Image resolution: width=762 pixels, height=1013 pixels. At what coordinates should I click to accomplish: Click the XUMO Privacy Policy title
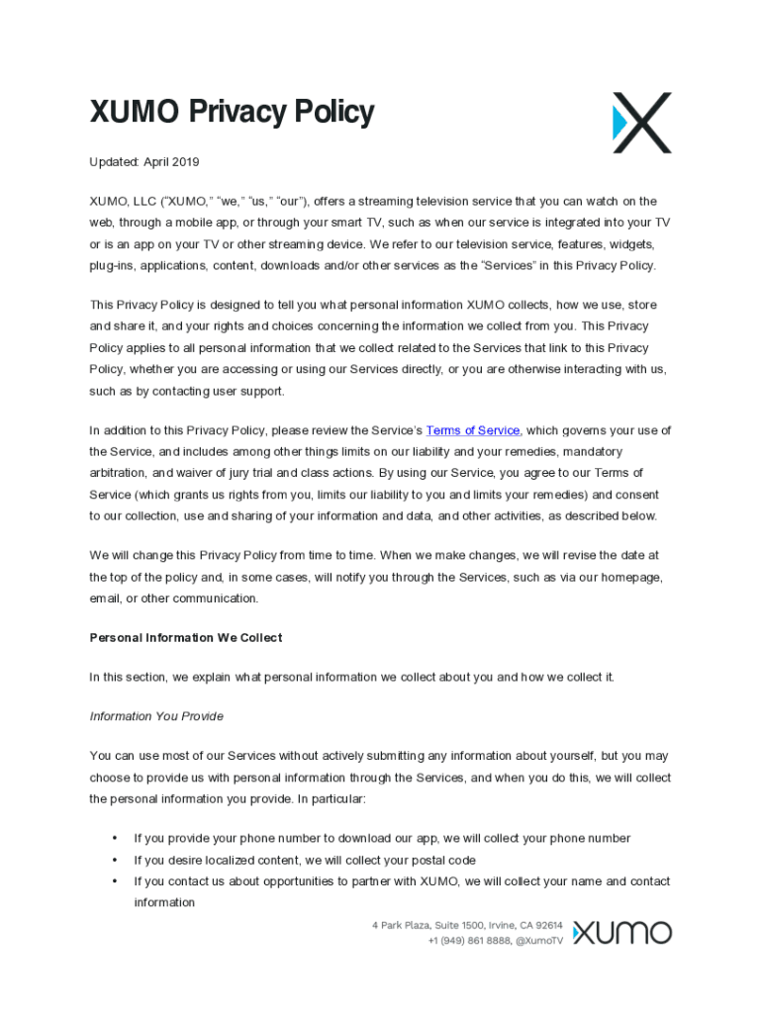pyautogui.click(x=232, y=113)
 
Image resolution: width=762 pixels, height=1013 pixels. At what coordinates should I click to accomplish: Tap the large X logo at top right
pyautogui.click(x=641, y=123)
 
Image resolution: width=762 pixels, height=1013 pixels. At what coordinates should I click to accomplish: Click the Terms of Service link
pyautogui.click(x=472, y=430)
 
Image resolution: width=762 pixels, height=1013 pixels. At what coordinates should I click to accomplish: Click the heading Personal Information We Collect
pyautogui.click(x=186, y=638)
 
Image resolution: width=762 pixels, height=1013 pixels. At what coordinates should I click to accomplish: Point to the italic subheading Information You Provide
pyautogui.click(x=156, y=716)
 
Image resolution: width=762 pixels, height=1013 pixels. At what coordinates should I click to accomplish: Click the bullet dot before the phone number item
pyautogui.click(x=116, y=838)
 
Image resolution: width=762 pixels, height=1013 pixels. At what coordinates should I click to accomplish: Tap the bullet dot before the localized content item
pyautogui.click(x=116, y=860)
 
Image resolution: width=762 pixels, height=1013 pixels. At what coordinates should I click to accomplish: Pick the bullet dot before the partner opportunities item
pyautogui.click(x=116, y=881)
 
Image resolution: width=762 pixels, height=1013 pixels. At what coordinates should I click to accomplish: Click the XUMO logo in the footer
pyautogui.click(x=621, y=932)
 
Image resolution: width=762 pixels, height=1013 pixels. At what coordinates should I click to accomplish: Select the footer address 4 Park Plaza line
pyautogui.click(x=467, y=925)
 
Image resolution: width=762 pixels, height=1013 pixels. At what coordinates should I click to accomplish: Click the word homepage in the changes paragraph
pyautogui.click(x=625, y=577)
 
